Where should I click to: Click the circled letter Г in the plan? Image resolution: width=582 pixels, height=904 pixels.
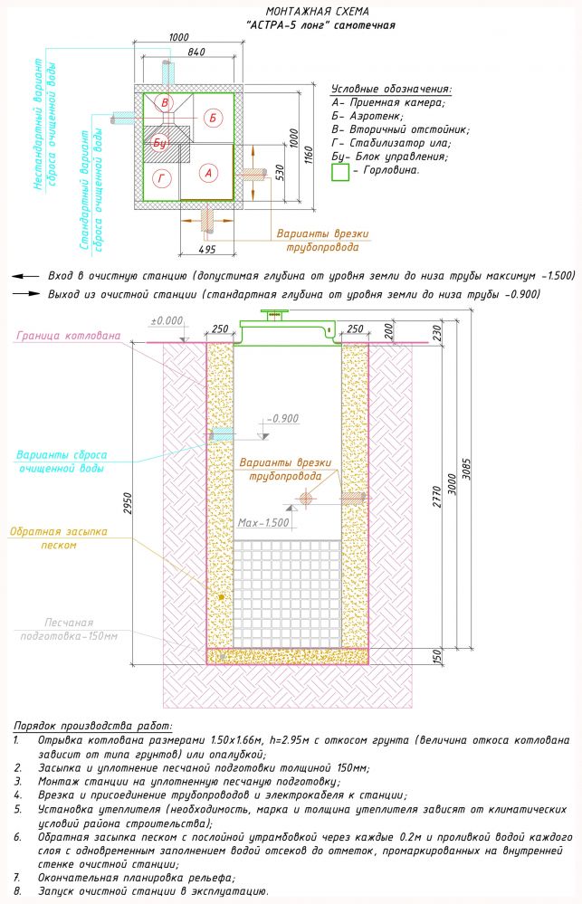162,176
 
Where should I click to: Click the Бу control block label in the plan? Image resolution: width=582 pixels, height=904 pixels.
159,142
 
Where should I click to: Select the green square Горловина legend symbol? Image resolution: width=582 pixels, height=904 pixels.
339,170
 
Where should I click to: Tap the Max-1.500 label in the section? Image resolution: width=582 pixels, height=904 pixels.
263,523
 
